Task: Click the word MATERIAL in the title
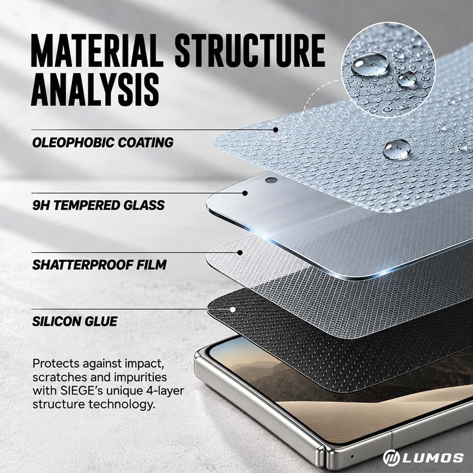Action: point(97,51)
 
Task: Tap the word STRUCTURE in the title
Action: point(250,51)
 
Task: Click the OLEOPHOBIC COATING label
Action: point(103,143)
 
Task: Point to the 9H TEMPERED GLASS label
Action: point(98,205)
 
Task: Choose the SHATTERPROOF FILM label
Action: point(99,265)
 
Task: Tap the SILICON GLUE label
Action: point(75,321)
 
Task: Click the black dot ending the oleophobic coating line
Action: point(275,130)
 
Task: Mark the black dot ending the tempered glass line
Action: point(245,193)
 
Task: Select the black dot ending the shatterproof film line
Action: point(240,253)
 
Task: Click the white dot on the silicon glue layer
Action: point(233,309)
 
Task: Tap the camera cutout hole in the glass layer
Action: point(271,180)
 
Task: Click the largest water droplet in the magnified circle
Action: point(370,64)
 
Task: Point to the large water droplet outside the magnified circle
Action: point(397,149)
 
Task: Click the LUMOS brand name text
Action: point(433,457)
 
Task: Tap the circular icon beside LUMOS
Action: point(391,457)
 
